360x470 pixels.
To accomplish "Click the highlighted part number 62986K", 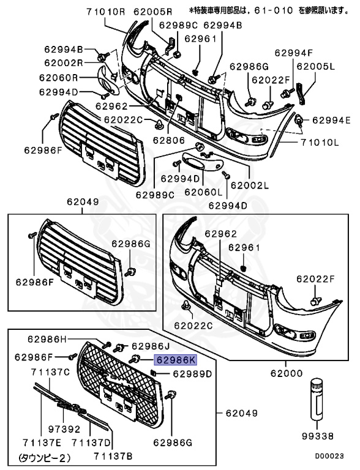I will (175, 361).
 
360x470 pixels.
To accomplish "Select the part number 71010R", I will (106, 12).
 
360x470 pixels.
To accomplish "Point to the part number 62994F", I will (293, 53).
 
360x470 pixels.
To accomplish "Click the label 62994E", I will (331, 120).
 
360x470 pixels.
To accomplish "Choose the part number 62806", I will (168, 140).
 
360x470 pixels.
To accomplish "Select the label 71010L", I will (320, 143).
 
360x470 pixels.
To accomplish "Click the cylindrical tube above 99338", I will (317, 397).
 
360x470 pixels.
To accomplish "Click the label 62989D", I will (192, 373).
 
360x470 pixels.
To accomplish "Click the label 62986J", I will (152, 345).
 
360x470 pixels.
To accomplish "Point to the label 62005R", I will (153, 12).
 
